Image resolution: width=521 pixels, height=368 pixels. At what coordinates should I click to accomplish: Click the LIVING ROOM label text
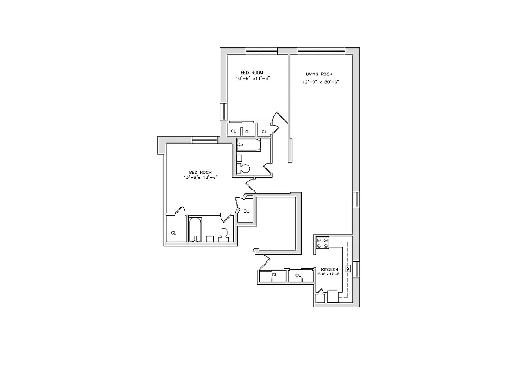(x=319, y=74)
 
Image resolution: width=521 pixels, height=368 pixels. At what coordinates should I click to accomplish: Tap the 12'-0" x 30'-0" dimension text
(x=320, y=82)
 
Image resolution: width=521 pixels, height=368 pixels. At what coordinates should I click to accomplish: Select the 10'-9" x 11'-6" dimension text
(x=252, y=78)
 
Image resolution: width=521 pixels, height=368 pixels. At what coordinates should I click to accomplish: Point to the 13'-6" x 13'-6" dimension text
(x=200, y=177)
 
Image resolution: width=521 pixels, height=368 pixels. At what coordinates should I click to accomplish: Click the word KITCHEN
(x=330, y=269)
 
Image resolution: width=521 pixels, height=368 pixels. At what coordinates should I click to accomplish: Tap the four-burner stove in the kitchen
(x=322, y=243)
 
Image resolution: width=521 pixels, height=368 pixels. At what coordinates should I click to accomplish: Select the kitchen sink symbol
(x=348, y=268)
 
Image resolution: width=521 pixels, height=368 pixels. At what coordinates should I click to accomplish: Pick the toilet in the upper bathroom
(x=244, y=168)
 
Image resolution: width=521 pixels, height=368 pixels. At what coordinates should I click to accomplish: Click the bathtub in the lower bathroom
(x=195, y=229)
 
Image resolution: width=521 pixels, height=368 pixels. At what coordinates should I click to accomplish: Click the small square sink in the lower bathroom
(x=209, y=238)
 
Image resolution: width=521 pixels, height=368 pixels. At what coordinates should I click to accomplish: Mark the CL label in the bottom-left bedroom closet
(x=174, y=233)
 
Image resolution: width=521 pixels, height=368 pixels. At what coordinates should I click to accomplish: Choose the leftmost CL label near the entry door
(x=275, y=275)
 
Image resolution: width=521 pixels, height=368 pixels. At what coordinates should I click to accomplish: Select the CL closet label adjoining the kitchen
(x=298, y=276)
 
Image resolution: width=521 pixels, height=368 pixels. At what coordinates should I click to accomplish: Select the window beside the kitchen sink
(x=357, y=269)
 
